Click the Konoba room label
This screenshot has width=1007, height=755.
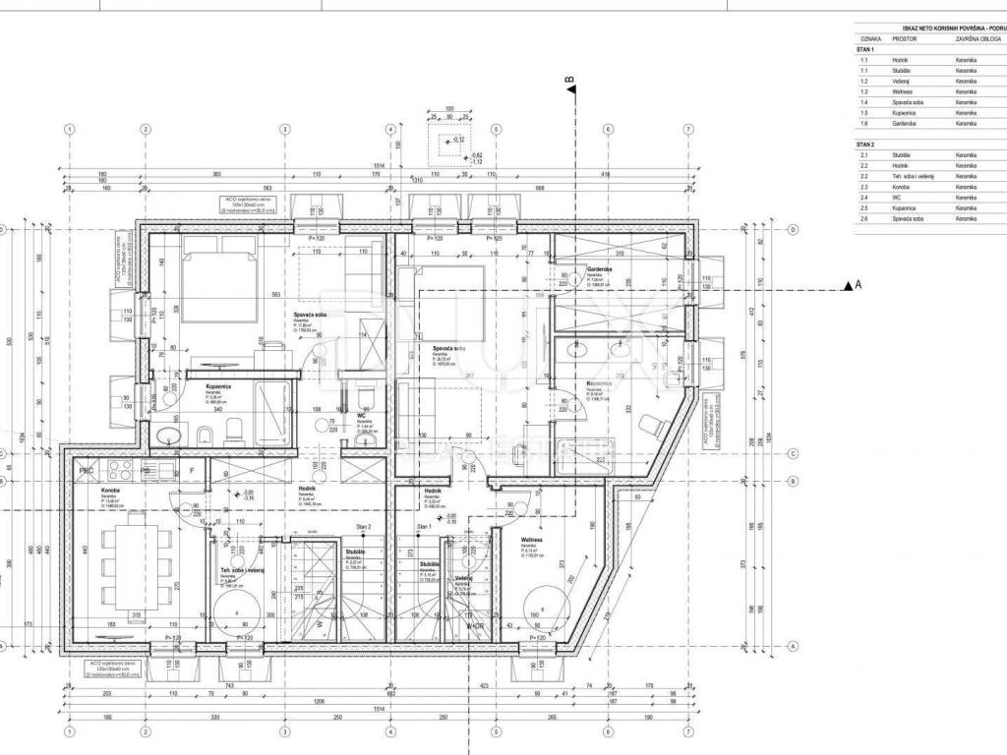[x=109, y=491]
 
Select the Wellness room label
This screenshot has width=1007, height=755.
[x=532, y=540]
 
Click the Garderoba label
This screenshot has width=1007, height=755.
[x=601, y=267]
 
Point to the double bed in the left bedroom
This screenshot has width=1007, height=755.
[x=218, y=281]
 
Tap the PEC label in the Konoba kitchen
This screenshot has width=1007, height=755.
[x=87, y=471]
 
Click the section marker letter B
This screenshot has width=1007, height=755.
[x=568, y=82]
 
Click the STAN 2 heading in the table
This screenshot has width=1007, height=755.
[x=865, y=145]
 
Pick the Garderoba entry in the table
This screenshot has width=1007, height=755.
[x=875, y=124]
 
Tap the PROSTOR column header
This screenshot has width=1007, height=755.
[x=905, y=40]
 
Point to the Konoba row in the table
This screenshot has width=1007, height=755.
[x=872, y=187]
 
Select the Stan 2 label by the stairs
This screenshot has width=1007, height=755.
[x=363, y=528]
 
